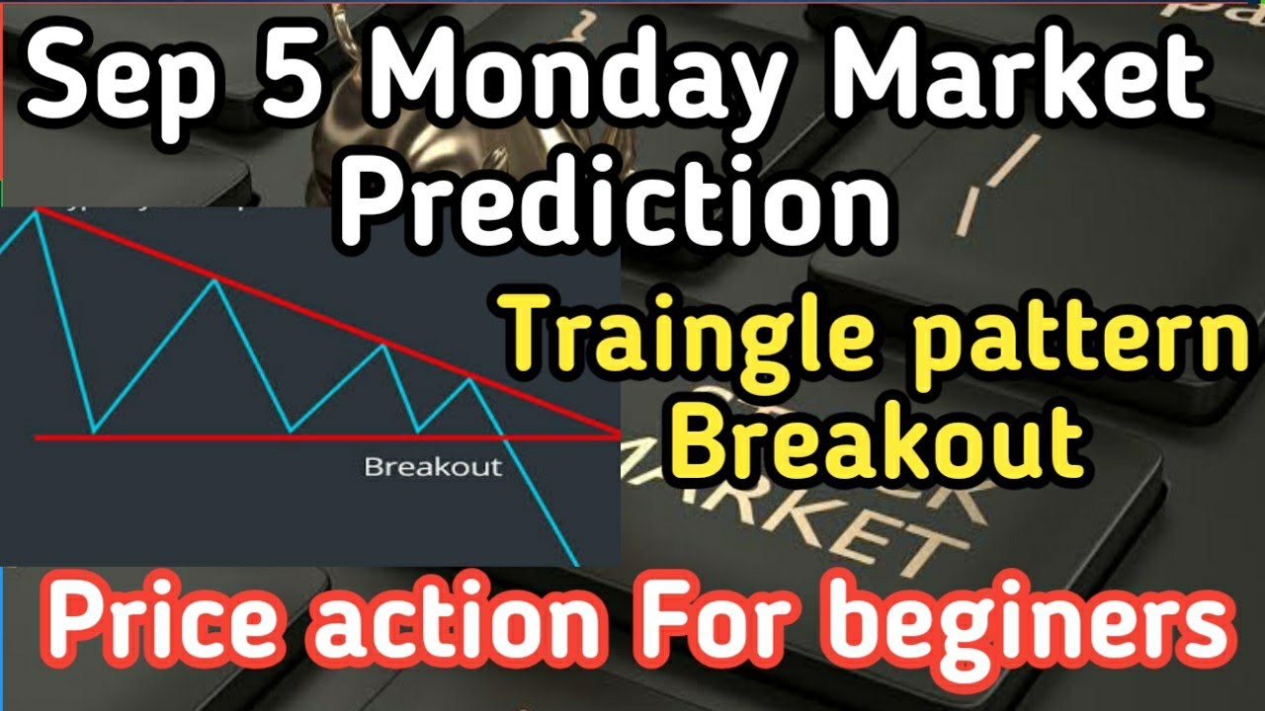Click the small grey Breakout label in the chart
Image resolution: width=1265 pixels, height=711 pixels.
(x=433, y=466)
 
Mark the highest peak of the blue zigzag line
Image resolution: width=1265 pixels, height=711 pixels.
(x=37, y=210)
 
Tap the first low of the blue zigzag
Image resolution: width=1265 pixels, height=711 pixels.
(x=92, y=433)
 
